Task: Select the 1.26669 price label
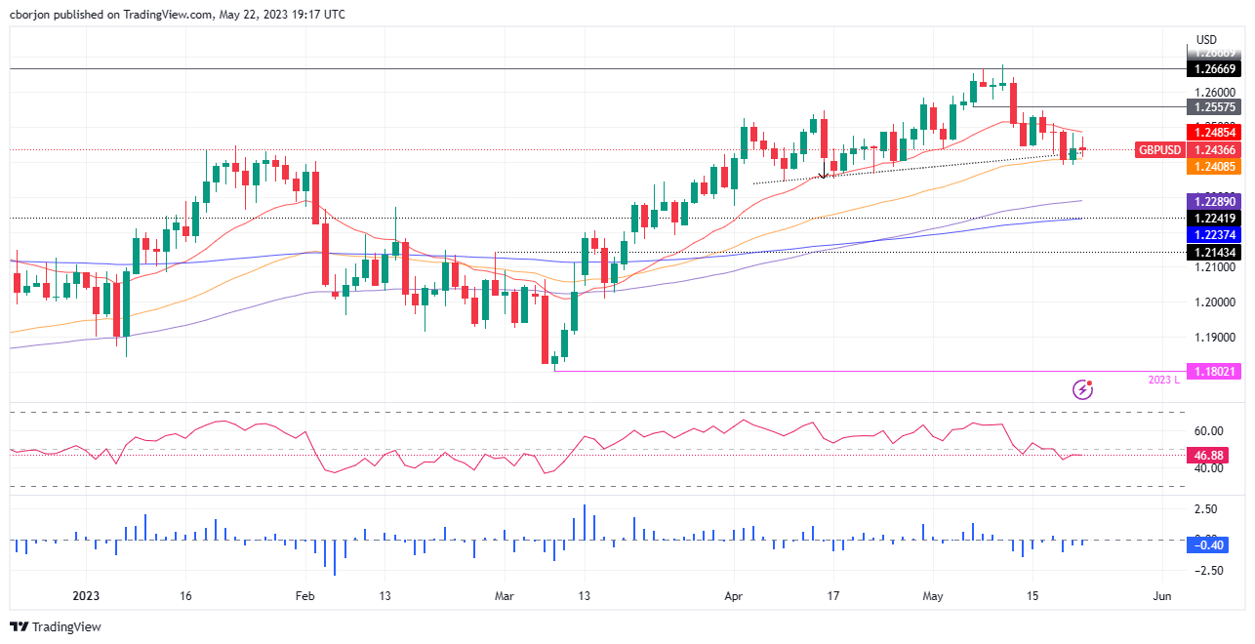[x=1213, y=69]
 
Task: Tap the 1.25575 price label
[x=1213, y=106]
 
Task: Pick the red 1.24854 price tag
[x=1213, y=132]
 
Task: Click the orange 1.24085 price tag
[x=1213, y=167]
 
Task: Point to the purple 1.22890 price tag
[x=1213, y=200]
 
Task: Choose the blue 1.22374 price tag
[x=1213, y=234]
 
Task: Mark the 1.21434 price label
[x=1213, y=252]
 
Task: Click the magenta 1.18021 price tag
[x=1213, y=371]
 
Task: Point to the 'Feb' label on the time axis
[x=304, y=595]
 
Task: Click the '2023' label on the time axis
[x=87, y=595]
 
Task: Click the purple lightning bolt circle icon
[x=1082, y=389]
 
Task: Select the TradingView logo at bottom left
[x=56, y=626]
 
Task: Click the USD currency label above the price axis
[x=1207, y=39]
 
